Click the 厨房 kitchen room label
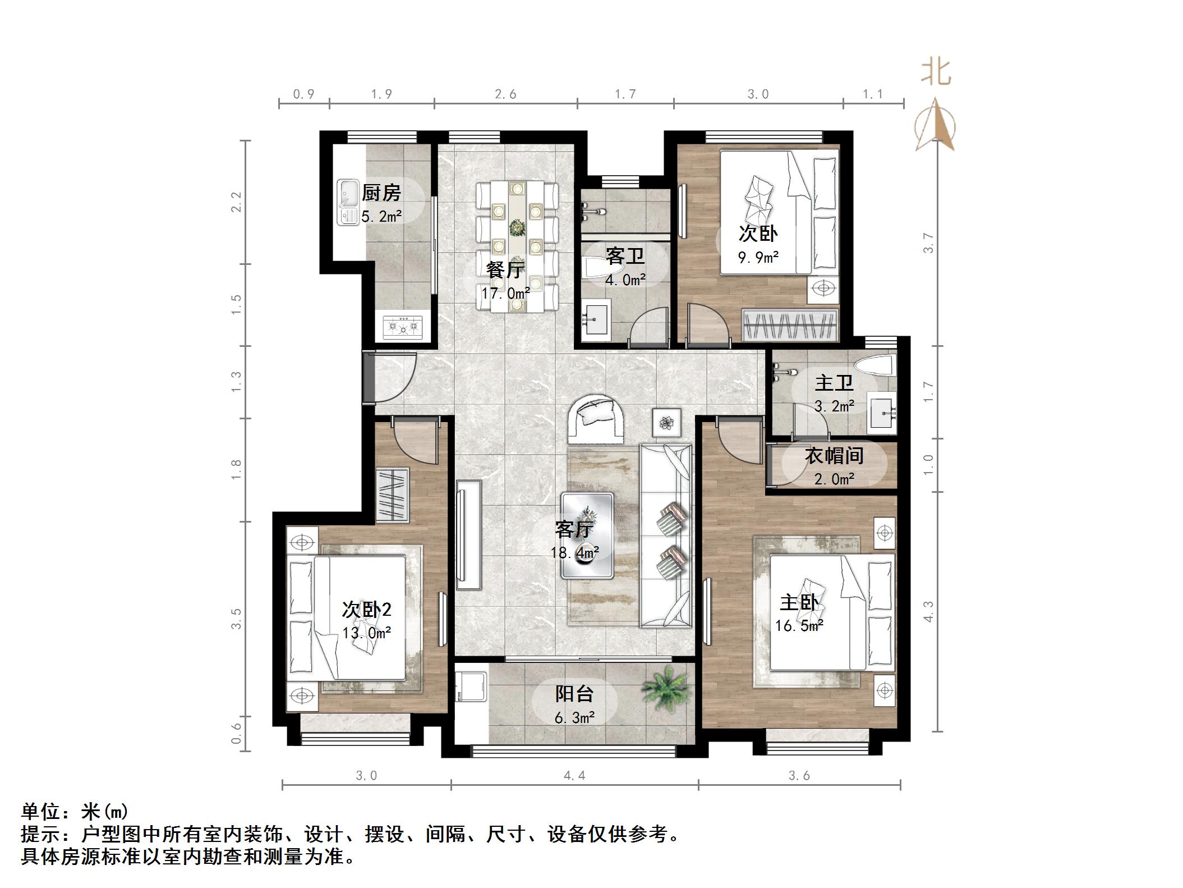(381, 193)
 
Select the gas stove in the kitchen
(402, 327)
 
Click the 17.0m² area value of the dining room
(505, 293)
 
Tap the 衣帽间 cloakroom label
(834, 456)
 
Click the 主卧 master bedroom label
(799, 603)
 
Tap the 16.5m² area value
(799, 625)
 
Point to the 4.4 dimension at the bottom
(574, 776)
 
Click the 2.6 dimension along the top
(505, 94)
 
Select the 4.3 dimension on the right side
(928, 611)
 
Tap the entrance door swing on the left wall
(390, 377)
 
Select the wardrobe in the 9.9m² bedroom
(790, 325)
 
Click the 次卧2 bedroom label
(366, 610)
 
